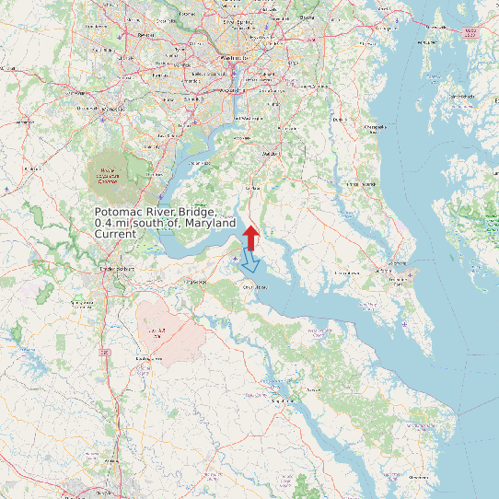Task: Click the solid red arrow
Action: pyautogui.click(x=250, y=237)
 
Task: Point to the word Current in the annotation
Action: pyautogui.click(x=115, y=234)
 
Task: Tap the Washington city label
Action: pyautogui.click(x=235, y=57)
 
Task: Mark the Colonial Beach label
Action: pyautogui.click(x=253, y=286)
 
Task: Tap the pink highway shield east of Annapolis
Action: pyautogui.click(x=471, y=32)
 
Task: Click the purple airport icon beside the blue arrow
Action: pyautogui.click(x=236, y=260)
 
